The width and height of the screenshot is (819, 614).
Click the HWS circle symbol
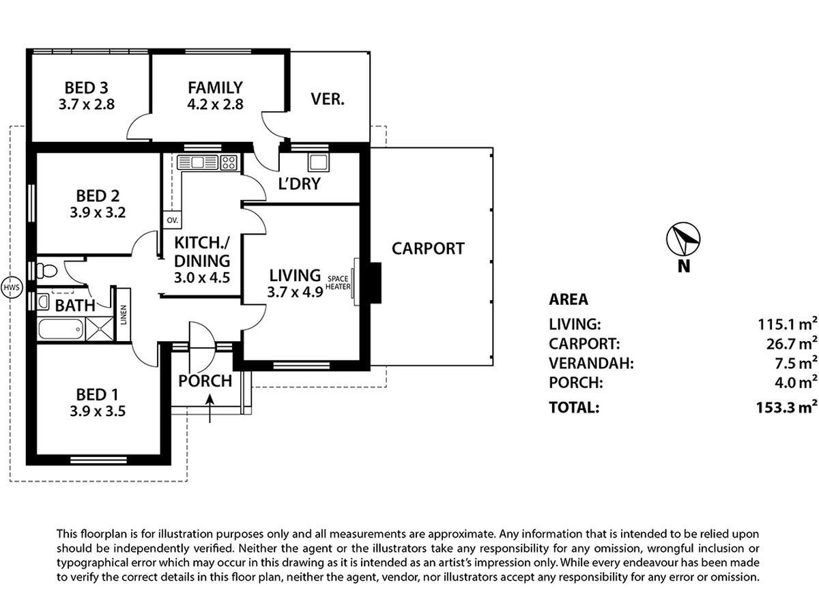pyautogui.click(x=11, y=288)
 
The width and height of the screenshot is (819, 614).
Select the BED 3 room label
pyautogui.click(x=87, y=88)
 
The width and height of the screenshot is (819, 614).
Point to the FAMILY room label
pyautogui.click(x=216, y=88)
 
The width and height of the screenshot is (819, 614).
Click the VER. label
pyautogui.click(x=328, y=99)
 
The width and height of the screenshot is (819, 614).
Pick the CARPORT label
pyautogui.click(x=428, y=248)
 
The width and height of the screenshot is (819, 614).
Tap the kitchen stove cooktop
pyautogui.click(x=229, y=162)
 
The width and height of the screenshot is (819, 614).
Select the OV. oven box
pyautogui.click(x=171, y=220)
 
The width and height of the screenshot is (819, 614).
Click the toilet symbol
pyautogui.click(x=46, y=270)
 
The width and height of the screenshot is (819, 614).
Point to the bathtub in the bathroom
pyautogui.click(x=59, y=330)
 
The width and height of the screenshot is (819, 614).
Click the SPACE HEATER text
pyautogui.click(x=339, y=282)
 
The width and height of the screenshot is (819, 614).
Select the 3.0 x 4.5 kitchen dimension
pyautogui.click(x=202, y=278)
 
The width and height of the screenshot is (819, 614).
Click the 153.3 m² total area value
pyautogui.click(x=789, y=407)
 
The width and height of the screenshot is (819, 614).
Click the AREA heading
pyautogui.click(x=569, y=299)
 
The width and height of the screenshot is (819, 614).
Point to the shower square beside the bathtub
pyautogui.click(x=96, y=330)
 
